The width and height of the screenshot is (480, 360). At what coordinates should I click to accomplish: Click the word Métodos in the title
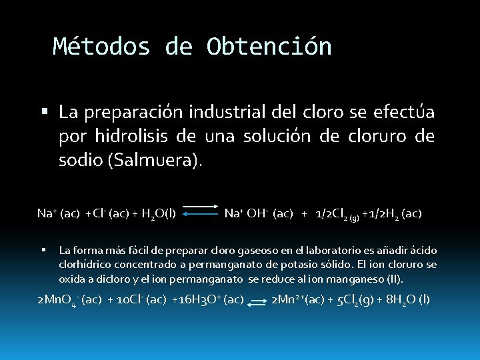tap(101, 46)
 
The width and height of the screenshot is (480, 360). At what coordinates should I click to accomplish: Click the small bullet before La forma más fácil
tap(43, 250)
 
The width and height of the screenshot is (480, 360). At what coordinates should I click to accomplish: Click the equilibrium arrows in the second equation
tap(257, 301)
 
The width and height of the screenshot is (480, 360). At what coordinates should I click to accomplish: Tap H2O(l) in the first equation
tap(159, 214)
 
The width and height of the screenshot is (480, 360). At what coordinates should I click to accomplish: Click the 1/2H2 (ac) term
tap(394, 214)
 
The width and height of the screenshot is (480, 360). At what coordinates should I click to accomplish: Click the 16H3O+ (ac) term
tap(209, 300)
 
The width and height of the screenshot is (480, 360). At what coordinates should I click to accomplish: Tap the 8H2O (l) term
tap(408, 300)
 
